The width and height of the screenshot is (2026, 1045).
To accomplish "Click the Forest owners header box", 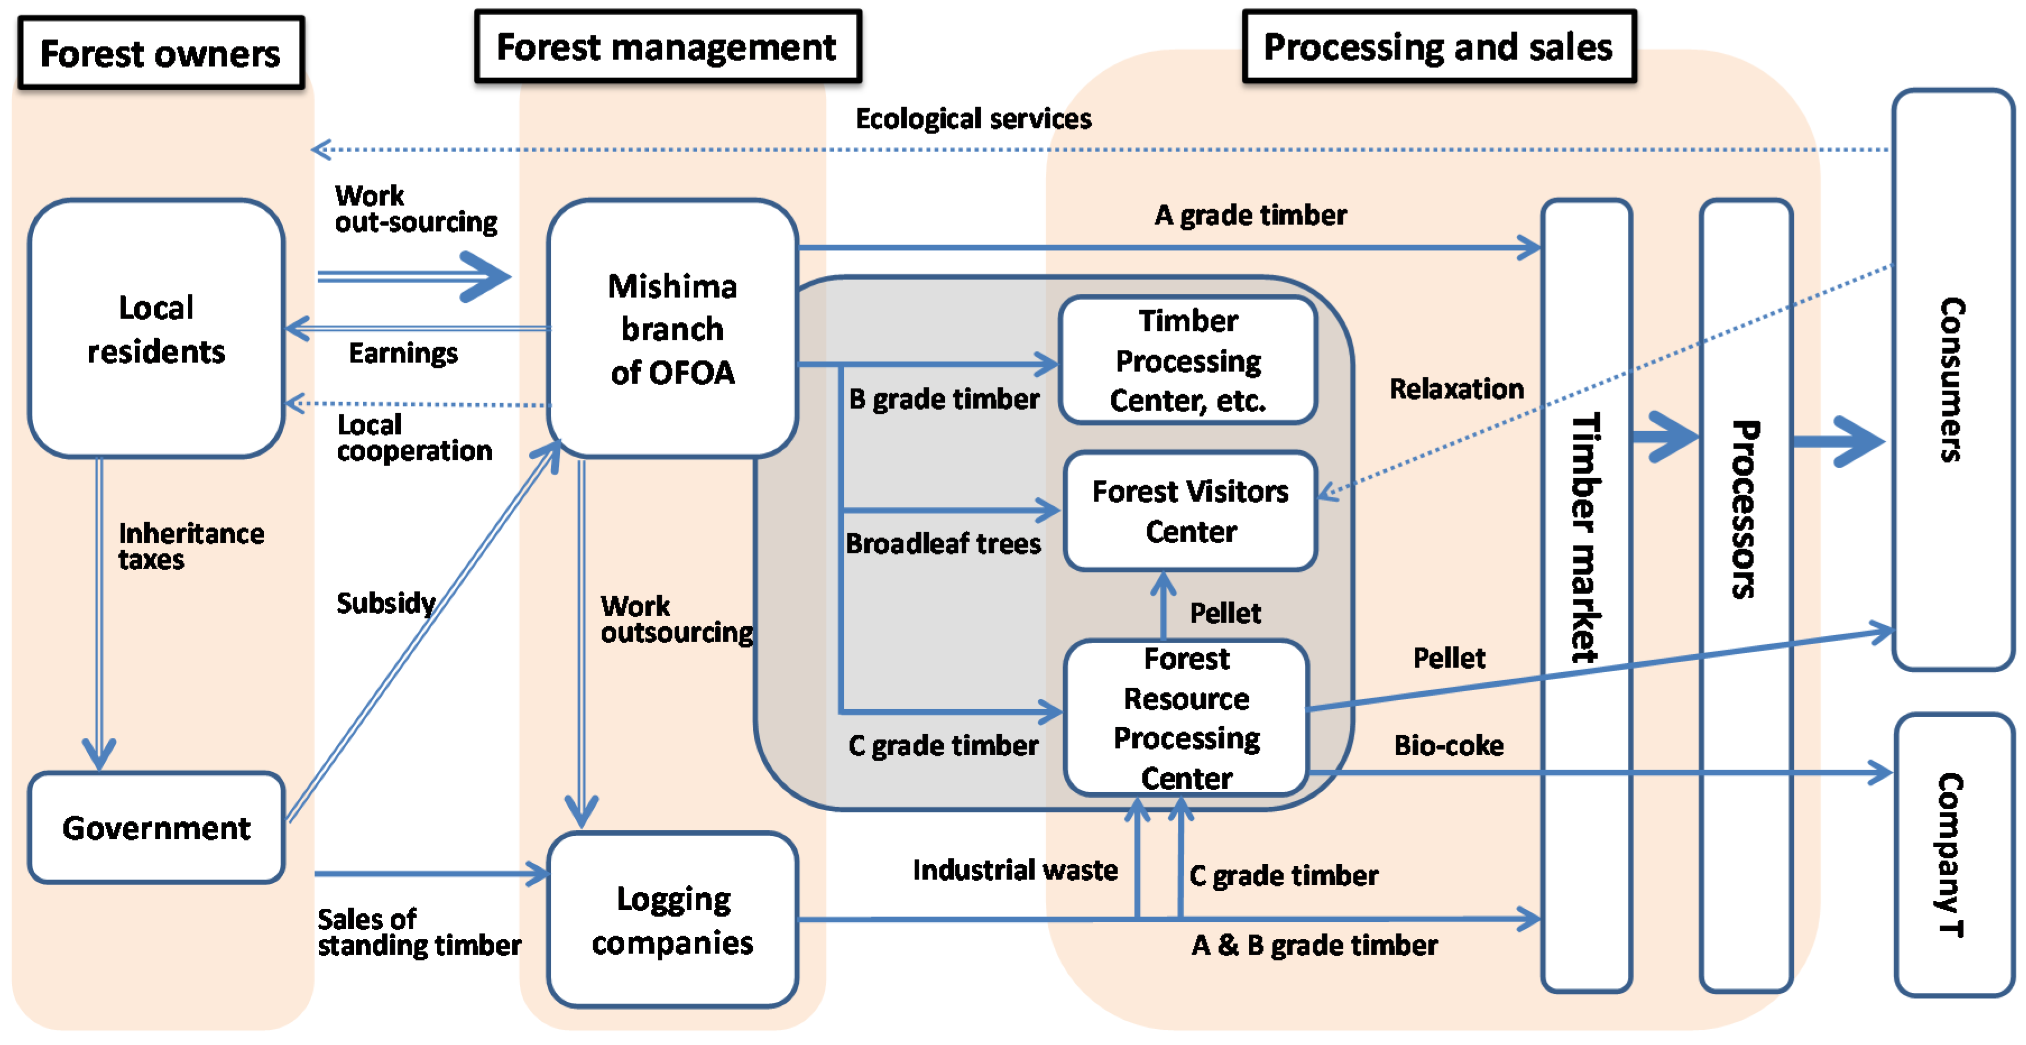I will point(160,53).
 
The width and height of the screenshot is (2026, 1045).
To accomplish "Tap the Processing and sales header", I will point(1438,47).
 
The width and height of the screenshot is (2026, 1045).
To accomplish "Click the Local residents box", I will point(156,329).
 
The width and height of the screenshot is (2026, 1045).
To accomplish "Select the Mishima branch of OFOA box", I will point(672,329).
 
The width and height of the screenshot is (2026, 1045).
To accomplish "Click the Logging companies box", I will point(672,920).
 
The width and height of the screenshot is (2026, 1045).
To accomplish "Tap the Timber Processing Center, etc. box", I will point(1188,360).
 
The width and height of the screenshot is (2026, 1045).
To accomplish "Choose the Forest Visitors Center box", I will point(1189,511).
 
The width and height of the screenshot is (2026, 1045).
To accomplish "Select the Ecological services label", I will point(973,119).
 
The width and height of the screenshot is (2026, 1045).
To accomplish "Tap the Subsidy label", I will point(385,603).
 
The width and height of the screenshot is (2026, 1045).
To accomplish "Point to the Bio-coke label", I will point(1448,745).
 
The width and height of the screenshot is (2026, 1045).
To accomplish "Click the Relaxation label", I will point(1456,389).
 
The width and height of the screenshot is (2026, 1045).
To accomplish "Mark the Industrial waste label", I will point(1014,870).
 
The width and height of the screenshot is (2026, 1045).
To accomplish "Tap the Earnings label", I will point(403,353).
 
